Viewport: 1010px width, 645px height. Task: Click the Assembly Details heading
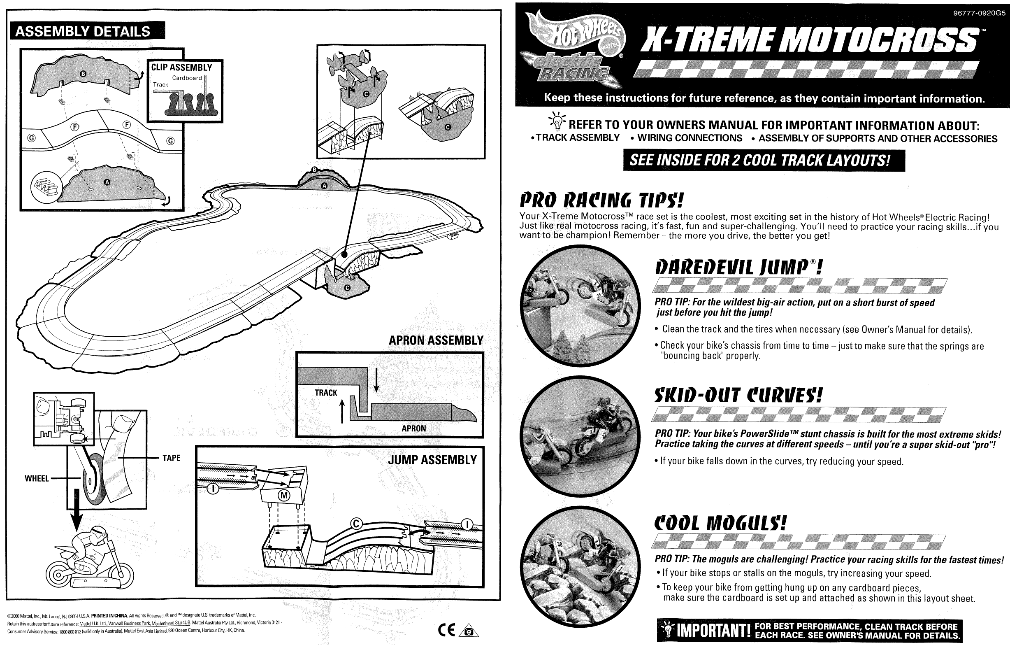pyautogui.click(x=83, y=31)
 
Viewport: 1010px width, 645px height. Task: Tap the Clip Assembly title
pyautogui.click(x=181, y=67)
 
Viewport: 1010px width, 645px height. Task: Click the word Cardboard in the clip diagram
pyautogui.click(x=187, y=78)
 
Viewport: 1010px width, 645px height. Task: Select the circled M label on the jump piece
pyautogui.click(x=284, y=495)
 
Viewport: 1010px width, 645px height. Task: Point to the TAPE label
pyautogui.click(x=171, y=458)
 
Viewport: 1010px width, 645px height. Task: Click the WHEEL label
pyautogui.click(x=37, y=478)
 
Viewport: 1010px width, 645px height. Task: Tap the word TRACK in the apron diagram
pyautogui.click(x=326, y=393)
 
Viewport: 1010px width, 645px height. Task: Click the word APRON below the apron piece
pyautogui.click(x=413, y=428)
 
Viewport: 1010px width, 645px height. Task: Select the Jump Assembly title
pyautogui.click(x=432, y=460)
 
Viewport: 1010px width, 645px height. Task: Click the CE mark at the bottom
pyautogui.click(x=446, y=630)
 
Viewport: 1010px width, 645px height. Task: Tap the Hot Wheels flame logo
pyautogui.click(x=574, y=46)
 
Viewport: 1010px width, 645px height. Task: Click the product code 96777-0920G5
pyautogui.click(x=979, y=13)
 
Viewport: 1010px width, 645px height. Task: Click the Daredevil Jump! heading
pyautogui.click(x=738, y=268)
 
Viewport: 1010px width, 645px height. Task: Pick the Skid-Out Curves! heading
pyautogui.click(x=738, y=395)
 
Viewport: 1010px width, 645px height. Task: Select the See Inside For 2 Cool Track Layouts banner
pyautogui.click(x=764, y=160)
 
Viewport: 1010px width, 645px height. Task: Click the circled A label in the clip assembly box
pyautogui.click(x=107, y=182)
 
